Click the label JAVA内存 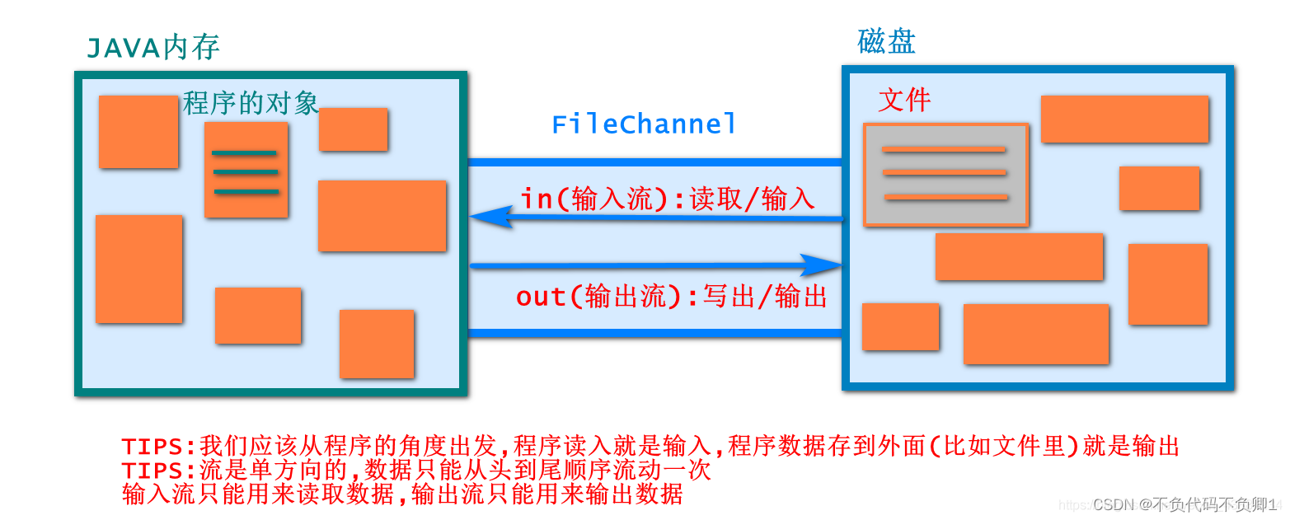point(153,49)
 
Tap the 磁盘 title point(886,41)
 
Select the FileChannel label point(644,124)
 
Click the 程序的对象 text point(251,103)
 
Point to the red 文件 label point(904,101)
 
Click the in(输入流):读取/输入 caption point(668,199)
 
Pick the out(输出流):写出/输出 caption point(672,297)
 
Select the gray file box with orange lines point(945,174)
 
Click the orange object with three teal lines point(246,170)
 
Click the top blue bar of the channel point(654,162)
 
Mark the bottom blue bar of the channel point(654,333)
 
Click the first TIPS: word point(159,447)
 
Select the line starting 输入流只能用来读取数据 point(402,494)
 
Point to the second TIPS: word point(159,471)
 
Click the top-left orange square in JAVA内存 point(138,132)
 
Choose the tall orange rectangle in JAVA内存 point(138,269)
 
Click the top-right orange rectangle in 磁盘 point(1124,119)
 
